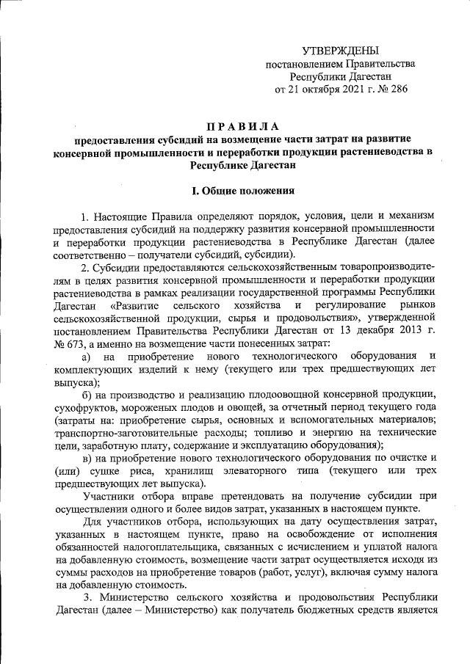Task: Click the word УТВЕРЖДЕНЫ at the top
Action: tap(341, 51)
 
